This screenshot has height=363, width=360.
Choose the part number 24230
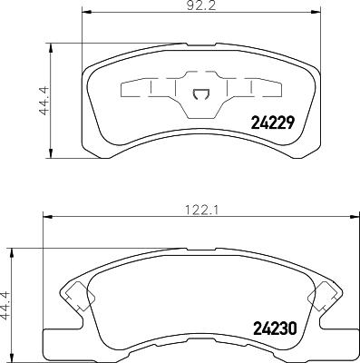[275, 330]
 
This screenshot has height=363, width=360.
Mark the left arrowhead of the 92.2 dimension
[85, 12]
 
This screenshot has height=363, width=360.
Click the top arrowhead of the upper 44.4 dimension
[51, 43]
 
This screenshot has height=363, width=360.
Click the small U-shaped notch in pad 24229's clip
[201, 92]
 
